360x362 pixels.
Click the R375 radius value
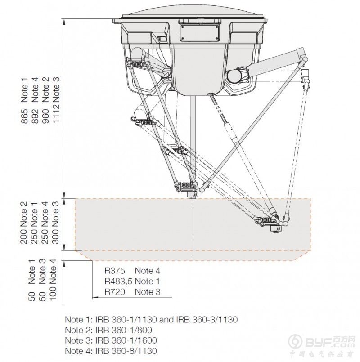click(x=115, y=271)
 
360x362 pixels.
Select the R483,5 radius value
click(x=118, y=281)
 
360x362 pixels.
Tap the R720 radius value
click(x=115, y=292)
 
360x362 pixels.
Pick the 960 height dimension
click(x=45, y=116)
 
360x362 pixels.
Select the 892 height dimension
click(x=35, y=116)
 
